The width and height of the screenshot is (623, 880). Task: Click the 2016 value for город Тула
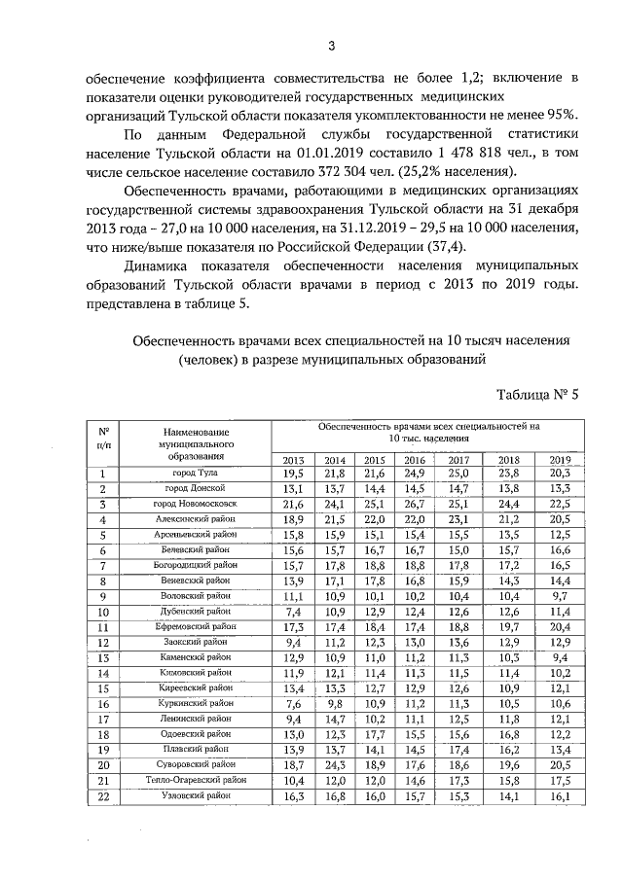click(x=416, y=473)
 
